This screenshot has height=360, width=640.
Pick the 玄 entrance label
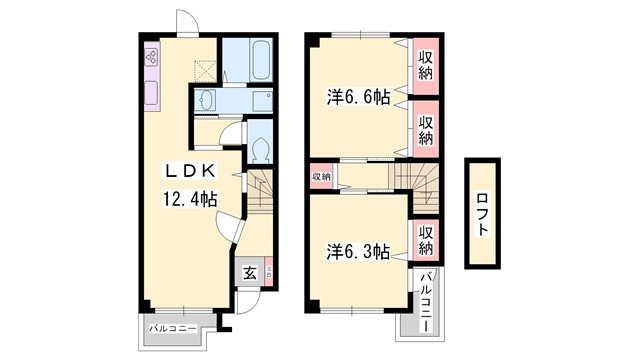[x=250, y=271]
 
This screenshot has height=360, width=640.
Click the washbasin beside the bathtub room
[x=207, y=99]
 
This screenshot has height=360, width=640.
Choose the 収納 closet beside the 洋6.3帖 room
[x=424, y=239]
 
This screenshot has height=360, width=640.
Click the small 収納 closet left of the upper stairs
[x=320, y=176]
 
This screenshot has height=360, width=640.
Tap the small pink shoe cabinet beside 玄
[x=269, y=271]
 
